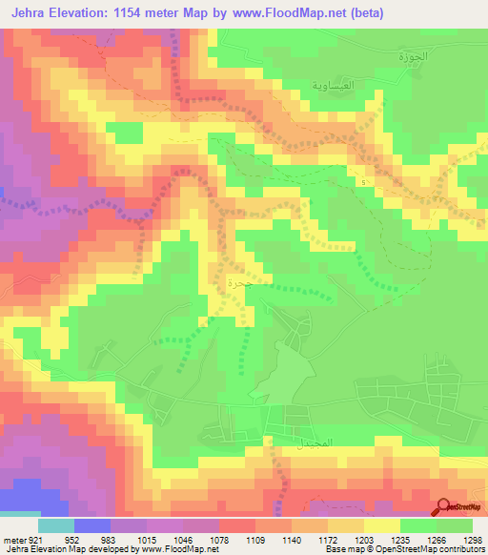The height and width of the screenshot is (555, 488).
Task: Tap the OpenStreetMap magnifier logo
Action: click(444, 507)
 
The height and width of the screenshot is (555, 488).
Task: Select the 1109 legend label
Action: click(255, 539)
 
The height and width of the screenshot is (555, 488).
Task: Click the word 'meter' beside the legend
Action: click(14, 539)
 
